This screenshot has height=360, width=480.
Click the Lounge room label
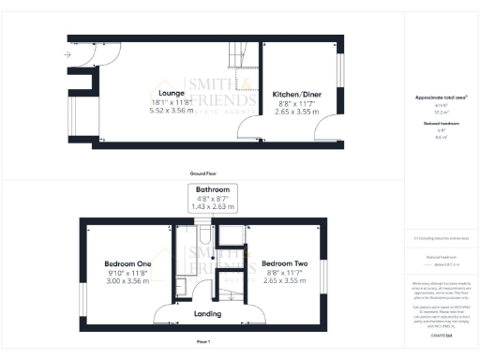point(171,93)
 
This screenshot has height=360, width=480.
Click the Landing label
point(207,313)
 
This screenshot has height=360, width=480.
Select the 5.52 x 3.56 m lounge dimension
point(172,111)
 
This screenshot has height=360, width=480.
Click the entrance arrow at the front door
point(67,55)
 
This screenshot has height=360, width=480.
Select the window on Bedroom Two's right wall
point(327,272)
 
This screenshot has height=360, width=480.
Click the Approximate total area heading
point(441,97)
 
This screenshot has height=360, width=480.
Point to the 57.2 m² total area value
point(441,111)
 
